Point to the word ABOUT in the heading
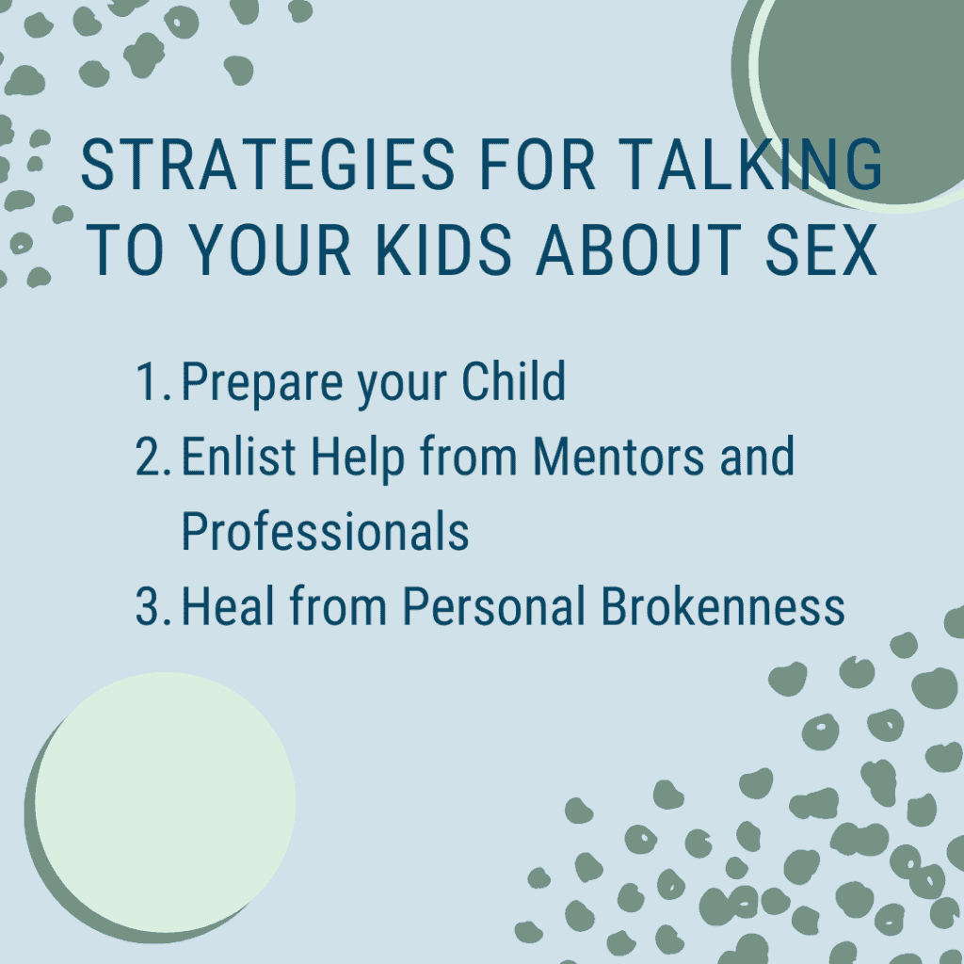pyautogui.click(x=638, y=249)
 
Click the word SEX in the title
pyautogui.click(x=821, y=249)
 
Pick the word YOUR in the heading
pyautogui.click(x=269, y=249)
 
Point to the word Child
pyautogui.click(x=513, y=381)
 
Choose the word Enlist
pyautogui.click(x=238, y=457)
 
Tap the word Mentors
pyautogui.click(x=619, y=457)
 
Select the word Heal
pyautogui.click(x=228, y=605)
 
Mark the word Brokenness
pyautogui.click(x=723, y=605)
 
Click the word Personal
pyautogui.click(x=493, y=605)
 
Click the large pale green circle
pyautogui.click(x=165, y=802)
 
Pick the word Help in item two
pyautogui.click(x=358, y=459)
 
